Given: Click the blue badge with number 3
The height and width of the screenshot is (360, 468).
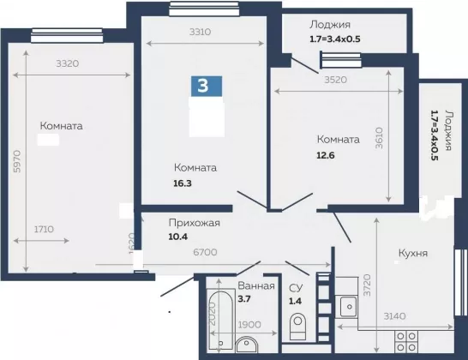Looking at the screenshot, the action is [x=207, y=86].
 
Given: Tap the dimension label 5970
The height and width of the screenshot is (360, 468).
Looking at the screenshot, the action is [x=18, y=161].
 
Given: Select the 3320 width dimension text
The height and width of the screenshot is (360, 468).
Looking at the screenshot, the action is [x=68, y=63].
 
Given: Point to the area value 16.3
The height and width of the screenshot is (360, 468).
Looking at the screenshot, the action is [x=183, y=183].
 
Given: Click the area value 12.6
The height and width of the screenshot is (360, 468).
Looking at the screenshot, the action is [x=326, y=155].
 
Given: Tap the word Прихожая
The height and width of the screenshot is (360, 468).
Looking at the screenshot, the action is [x=195, y=223].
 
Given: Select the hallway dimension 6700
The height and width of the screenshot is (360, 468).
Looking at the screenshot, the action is [x=205, y=252].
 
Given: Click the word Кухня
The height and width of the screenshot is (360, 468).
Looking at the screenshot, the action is [x=413, y=253].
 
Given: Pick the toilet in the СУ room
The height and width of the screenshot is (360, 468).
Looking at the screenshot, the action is [x=297, y=326].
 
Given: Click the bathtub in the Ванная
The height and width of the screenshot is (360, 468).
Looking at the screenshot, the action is [x=221, y=320].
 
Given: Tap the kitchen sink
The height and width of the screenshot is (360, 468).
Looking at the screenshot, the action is [x=345, y=307].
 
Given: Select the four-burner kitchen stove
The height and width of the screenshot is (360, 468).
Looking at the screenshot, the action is [x=406, y=341].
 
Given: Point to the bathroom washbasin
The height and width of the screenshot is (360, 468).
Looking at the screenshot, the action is [x=247, y=345].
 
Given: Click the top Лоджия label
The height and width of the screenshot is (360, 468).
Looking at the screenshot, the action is [x=330, y=25].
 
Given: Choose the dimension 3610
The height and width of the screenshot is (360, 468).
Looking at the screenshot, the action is [x=379, y=138].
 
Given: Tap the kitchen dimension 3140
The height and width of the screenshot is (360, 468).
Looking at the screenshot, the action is [x=394, y=315].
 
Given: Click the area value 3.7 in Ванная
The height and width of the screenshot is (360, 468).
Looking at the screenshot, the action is [x=244, y=299].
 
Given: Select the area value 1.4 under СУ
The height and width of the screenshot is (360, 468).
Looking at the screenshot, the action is [x=295, y=301].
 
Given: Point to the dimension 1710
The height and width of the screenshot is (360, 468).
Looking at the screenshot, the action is [x=44, y=229].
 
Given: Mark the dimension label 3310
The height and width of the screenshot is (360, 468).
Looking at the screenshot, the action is [x=201, y=32].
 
